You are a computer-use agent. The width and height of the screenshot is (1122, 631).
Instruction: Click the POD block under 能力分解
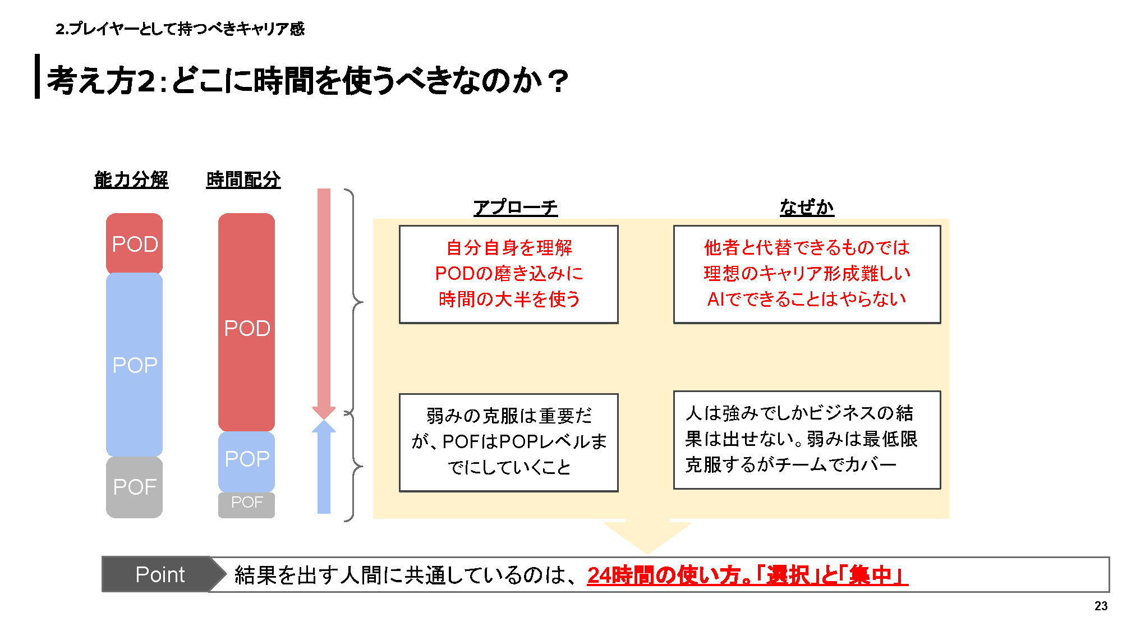(x=134, y=244)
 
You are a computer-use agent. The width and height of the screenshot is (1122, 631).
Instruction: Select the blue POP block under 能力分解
(x=134, y=365)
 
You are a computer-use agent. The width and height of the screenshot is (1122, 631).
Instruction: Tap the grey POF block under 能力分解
(x=134, y=487)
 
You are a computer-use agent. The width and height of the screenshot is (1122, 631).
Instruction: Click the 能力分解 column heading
(x=131, y=179)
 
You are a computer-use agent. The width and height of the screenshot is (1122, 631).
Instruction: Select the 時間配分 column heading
(x=243, y=179)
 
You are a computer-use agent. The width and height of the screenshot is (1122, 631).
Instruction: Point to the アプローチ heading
(x=515, y=207)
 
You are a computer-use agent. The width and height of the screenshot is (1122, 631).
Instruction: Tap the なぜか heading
(x=807, y=207)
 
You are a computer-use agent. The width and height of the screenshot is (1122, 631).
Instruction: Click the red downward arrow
(x=324, y=303)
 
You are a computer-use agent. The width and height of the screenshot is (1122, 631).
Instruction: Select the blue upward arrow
(x=324, y=468)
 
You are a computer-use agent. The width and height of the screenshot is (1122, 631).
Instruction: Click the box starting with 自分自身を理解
(x=508, y=274)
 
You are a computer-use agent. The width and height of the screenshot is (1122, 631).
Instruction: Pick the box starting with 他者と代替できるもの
(x=807, y=274)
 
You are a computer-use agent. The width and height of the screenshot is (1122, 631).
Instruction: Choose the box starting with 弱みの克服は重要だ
(x=508, y=443)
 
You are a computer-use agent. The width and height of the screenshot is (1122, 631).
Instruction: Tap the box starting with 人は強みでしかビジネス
(x=807, y=440)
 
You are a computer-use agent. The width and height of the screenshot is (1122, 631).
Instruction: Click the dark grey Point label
(x=160, y=574)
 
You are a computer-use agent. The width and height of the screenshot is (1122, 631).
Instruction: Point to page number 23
(x=1101, y=606)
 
